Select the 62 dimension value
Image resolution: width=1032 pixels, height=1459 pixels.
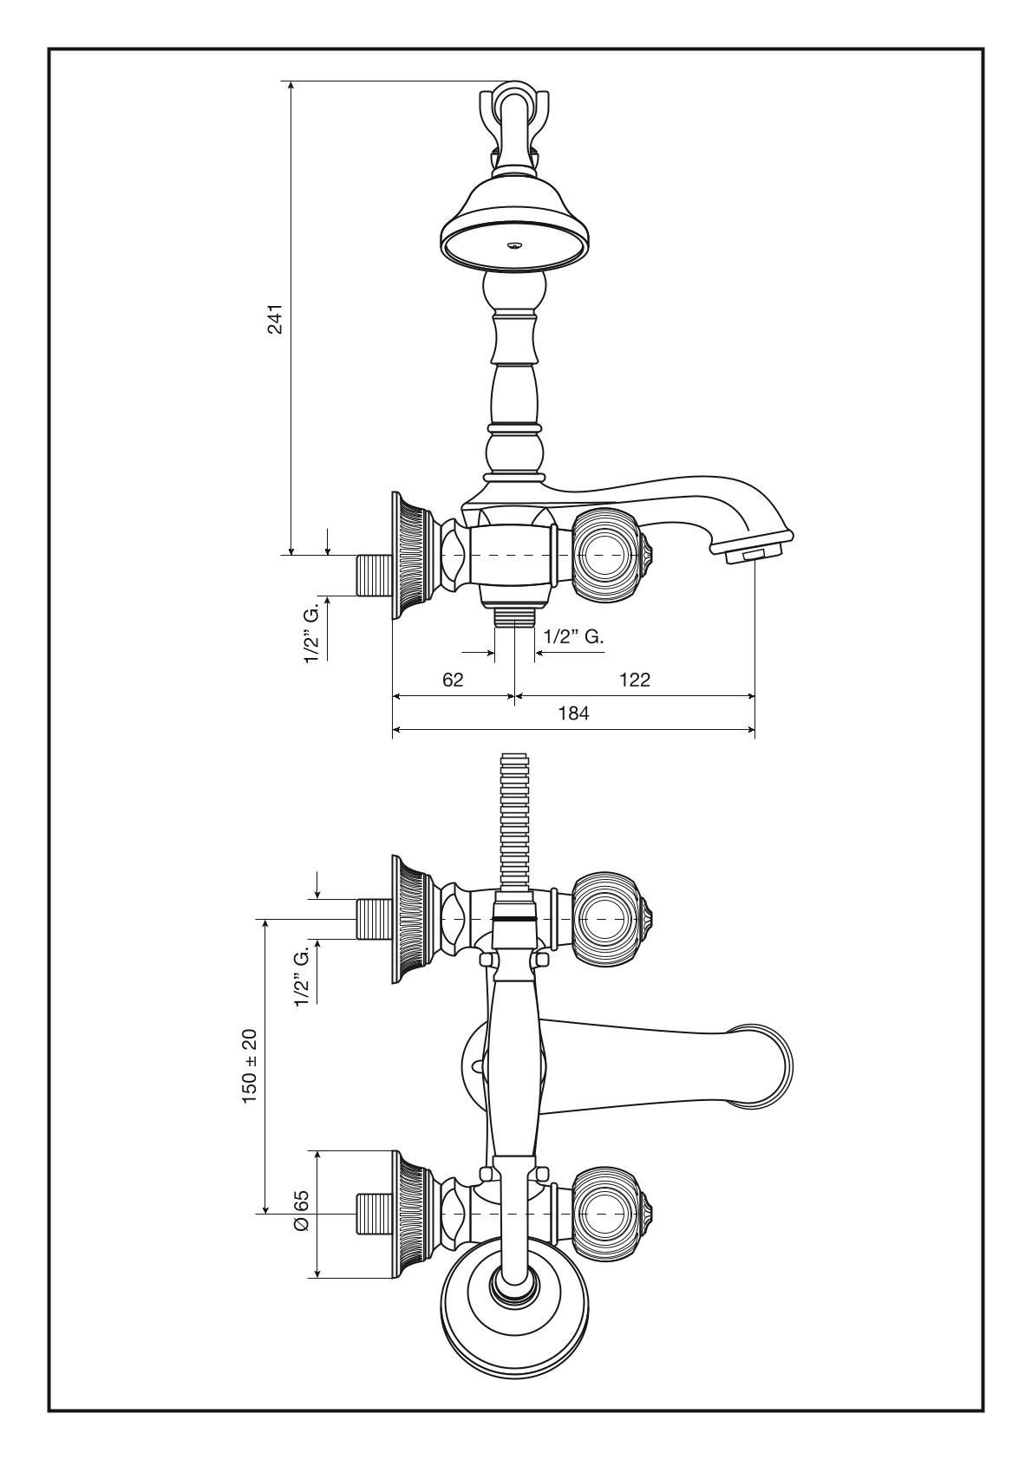click(x=453, y=680)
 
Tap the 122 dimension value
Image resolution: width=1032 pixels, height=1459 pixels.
click(x=635, y=680)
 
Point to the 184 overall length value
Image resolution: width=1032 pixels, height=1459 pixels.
click(x=573, y=714)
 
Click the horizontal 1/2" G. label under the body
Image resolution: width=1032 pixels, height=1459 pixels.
click(x=573, y=636)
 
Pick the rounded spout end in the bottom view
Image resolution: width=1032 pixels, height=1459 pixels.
click(x=767, y=1066)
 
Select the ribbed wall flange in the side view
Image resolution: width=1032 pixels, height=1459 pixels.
click(x=412, y=555)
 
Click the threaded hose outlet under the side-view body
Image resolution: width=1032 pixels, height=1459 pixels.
click(x=515, y=616)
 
